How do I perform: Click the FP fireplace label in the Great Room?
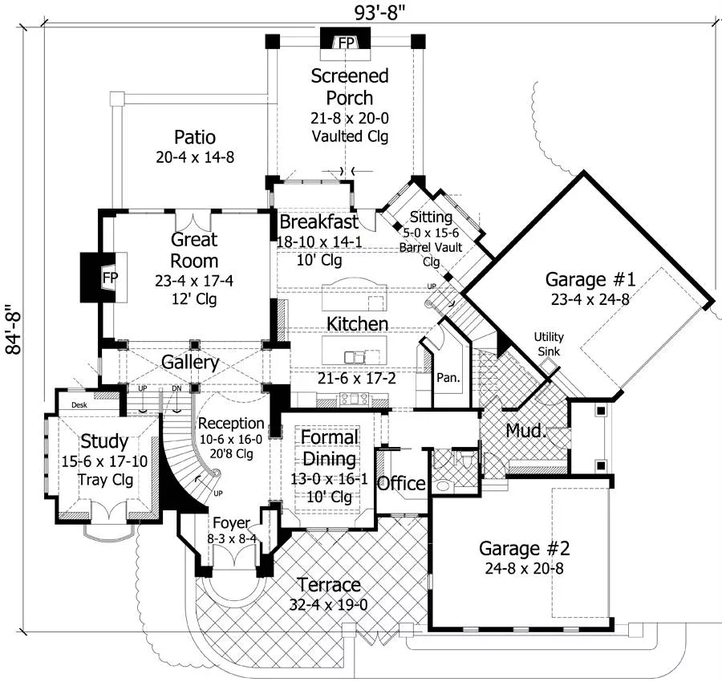(x=110, y=277)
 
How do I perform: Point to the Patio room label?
(x=195, y=136)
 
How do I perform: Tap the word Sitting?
(x=431, y=217)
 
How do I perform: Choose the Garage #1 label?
(x=590, y=280)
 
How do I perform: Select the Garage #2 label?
(x=525, y=549)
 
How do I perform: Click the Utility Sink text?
(x=548, y=344)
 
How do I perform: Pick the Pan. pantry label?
(x=447, y=377)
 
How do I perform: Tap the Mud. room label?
(x=526, y=431)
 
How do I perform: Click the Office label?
(x=401, y=484)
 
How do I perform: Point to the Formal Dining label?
(x=331, y=449)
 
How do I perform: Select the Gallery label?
(x=190, y=362)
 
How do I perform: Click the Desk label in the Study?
(x=79, y=405)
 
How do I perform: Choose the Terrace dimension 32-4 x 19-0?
(x=328, y=604)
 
